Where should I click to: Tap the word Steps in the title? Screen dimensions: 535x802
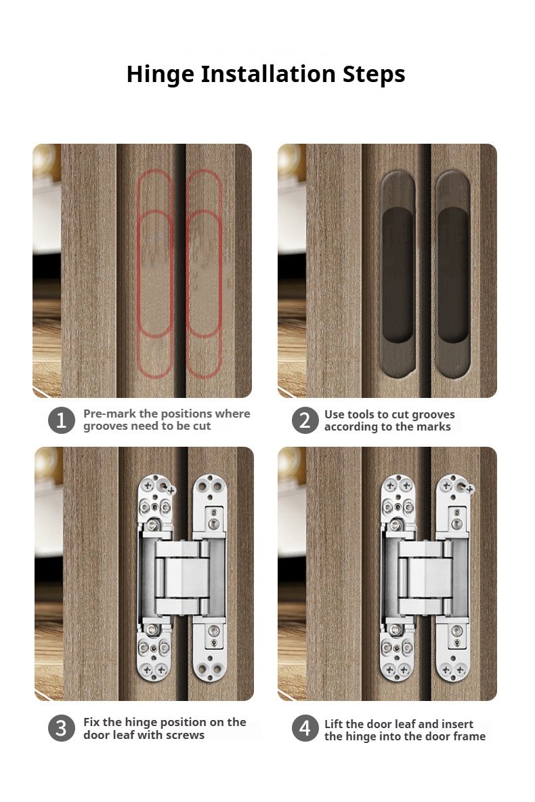click(374, 75)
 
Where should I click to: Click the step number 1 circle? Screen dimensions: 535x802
click(62, 420)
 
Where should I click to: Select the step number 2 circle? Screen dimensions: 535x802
click(305, 420)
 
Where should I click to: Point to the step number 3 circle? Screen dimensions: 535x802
click(62, 728)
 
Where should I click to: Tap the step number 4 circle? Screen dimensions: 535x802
click(305, 728)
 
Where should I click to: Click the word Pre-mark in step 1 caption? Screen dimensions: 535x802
click(110, 414)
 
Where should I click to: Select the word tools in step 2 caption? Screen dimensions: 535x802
click(362, 414)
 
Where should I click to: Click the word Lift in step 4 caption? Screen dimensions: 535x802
click(333, 724)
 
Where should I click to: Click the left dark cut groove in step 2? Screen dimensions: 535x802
click(398, 274)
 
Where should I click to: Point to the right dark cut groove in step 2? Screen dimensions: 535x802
click(453, 274)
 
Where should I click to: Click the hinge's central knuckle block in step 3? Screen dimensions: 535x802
click(182, 578)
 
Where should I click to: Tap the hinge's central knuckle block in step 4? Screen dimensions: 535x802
click(425, 578)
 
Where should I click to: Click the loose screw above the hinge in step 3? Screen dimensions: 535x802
click(171, 491)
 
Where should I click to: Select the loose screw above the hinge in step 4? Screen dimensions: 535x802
click(470, 489)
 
